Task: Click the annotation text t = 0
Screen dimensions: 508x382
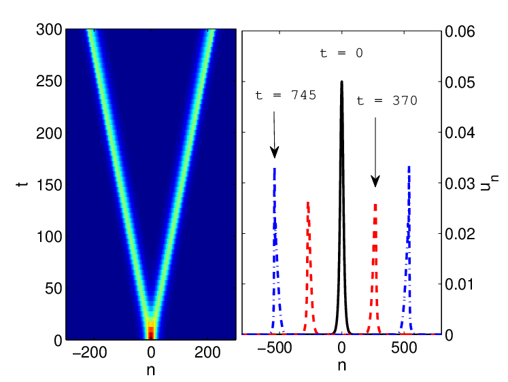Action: (341, 53)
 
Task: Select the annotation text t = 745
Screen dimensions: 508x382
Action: (286, 95)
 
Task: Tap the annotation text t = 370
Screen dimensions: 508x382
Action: (387, 101)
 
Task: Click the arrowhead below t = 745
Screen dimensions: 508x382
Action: (275, 152)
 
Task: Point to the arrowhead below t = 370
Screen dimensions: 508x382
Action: (375, 181)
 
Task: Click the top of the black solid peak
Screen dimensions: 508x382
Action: (342, 82)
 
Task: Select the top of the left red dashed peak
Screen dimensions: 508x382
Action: (308, 203)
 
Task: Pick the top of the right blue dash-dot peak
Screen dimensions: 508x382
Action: (409, 167)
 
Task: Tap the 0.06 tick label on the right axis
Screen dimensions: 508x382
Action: (460, 31)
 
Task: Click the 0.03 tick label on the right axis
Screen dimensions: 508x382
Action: (460, 184)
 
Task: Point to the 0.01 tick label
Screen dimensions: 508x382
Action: (460, 284)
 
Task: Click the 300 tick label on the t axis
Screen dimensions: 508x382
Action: (49, 30)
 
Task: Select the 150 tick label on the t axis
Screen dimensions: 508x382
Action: (49, 185)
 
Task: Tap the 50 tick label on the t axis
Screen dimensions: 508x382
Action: (54, 288)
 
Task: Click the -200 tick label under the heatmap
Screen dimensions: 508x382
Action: (89, 352)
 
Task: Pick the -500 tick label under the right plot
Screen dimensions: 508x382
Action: (274, 348)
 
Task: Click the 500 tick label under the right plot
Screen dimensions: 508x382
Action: (404, 348)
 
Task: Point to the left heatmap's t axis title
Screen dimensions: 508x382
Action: (22, 184)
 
